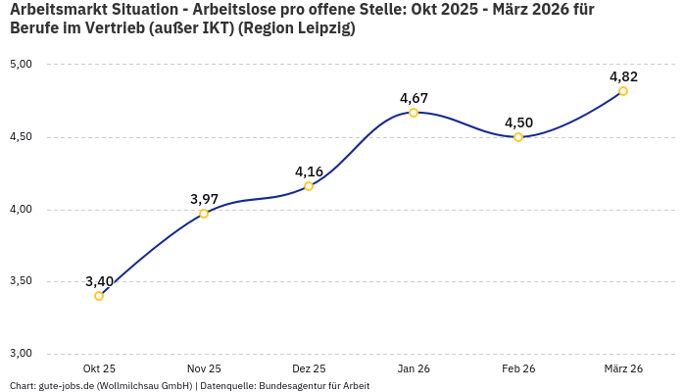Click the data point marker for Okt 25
click(x=99, y=296)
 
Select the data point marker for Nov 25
click(x=204, y=214)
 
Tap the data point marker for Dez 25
click(x=309, y=186)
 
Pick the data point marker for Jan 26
click(x=414, y=113)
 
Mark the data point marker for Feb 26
click(x=518, y=137)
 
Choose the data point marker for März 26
click(x=623, y=91)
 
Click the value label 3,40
click(x=99, y=281)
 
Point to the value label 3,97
click(x=204, y=199)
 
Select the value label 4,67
click(x=414, y=98)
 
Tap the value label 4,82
click(x=623, y=76)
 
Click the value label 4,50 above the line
click(x=518, y=122)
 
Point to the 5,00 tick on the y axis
click(x=21, y=65)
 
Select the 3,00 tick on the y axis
click(x=21, y=354)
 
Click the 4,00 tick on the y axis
click(x=21, y=210)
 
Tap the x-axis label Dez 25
click(x=309, y=368)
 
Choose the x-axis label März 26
click(x=623, y=368)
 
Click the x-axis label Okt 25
click(x=99, y=368)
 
